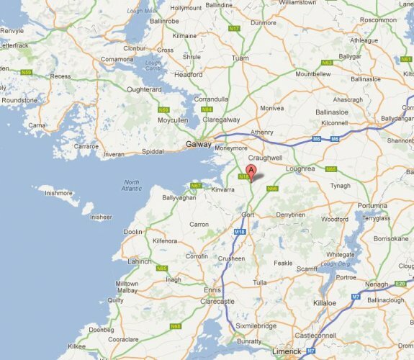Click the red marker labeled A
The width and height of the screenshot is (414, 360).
click(x=250, y=172)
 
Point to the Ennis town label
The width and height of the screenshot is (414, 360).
click(x=192, y=289)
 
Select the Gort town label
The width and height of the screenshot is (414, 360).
click(x=249, y=215)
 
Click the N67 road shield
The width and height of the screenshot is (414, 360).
click(x=195, y=186)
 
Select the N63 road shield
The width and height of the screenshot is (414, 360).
click(x=327, y=63)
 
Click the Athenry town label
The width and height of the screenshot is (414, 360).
click(x=262, y=132)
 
